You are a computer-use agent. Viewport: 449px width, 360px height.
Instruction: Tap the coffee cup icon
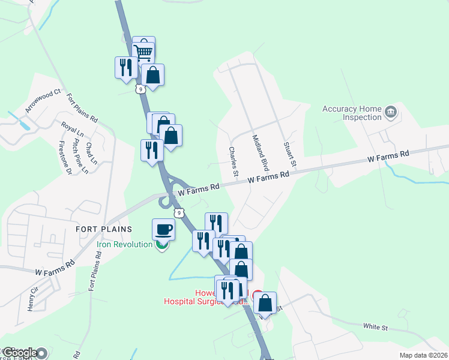pyautogui.click(x=163, y=229)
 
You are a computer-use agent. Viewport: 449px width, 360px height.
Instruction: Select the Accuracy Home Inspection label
pyautogui.click(x=352, y=113)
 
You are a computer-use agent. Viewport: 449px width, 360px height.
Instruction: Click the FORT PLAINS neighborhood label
pyautogui.click(x=98, y=229)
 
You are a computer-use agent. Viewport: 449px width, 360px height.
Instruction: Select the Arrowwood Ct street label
pyautogui.click(x=43, y=102)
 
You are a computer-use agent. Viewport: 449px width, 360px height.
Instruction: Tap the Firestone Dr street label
pyautogui.click(x=65, y=157)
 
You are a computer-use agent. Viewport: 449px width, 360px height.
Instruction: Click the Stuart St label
pyautogui.click(x=290, y=155)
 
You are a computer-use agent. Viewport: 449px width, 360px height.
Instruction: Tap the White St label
pyautogui.click(x=376, y=328)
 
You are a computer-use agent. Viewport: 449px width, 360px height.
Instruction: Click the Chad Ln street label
pyautogui.click(x=91, y=153)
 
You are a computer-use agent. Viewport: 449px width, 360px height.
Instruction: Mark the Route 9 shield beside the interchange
pyautogui.click(x=178, y=212)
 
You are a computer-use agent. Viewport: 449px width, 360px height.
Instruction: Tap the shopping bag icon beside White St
pyautogui.click(x=265, y=303)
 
